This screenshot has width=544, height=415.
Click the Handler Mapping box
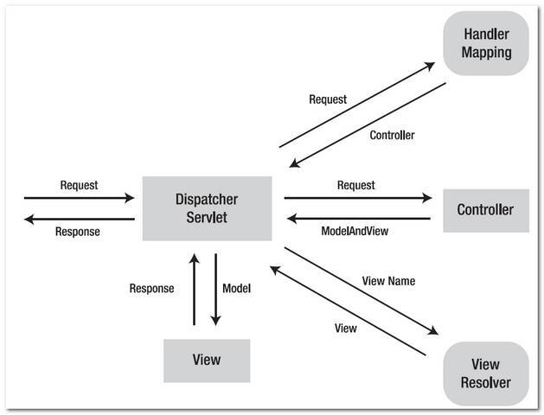[485, 43]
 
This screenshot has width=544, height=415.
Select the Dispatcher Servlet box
[207, 208]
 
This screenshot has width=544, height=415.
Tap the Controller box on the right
[485, 209]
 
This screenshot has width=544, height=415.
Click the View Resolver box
[485, 373]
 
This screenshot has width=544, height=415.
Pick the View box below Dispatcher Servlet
[206, 360]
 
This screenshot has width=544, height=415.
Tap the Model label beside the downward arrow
[236, 288]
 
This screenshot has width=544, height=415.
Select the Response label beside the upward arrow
[151, 288]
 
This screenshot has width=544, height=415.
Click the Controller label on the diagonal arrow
[392, 135]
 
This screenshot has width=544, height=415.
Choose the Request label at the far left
[79, 185]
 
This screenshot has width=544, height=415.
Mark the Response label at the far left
[78, 232]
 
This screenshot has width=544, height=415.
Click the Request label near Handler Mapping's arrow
[328, 99]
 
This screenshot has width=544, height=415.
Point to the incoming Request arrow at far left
[79, 198]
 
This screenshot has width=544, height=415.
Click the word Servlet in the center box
[207, 217]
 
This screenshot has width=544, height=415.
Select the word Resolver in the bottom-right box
[485, 382]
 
